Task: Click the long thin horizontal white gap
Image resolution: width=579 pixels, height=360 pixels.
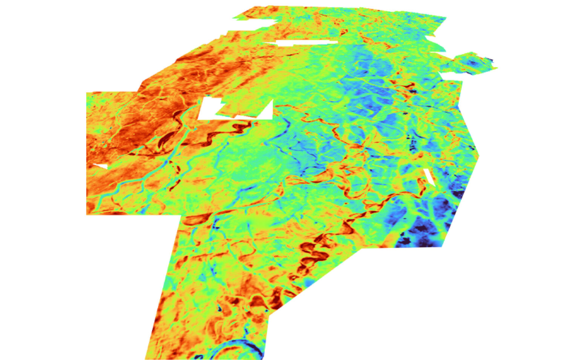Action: point(305,43)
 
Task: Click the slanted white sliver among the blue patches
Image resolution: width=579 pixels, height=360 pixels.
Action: point(429,177)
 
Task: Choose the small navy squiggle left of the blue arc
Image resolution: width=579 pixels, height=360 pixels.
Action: point(199,356)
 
